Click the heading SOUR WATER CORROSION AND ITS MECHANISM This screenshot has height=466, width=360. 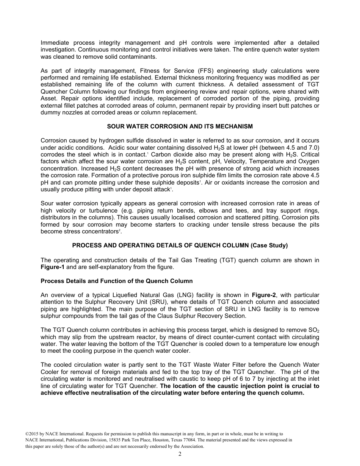coord(180,126)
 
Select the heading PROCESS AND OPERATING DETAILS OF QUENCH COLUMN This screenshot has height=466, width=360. coord(180,246)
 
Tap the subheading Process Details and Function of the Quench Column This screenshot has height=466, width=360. coord(116,281)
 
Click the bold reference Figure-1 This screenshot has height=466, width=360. coord(52,267)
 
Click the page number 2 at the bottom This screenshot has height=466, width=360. coord(180,454)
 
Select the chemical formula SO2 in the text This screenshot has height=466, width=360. coord(314,330)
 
